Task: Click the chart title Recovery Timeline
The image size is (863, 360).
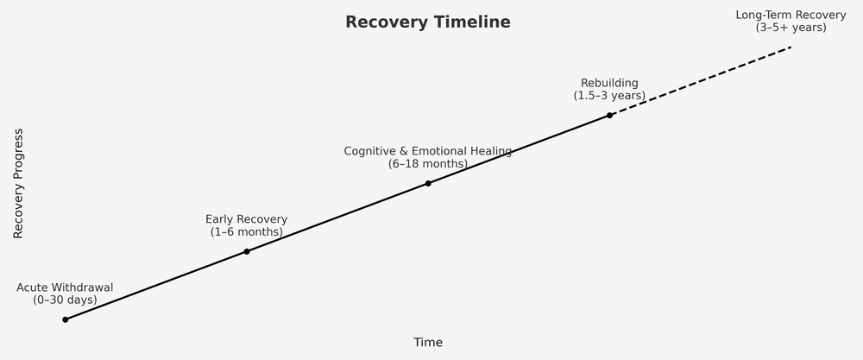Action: tap(427, 22)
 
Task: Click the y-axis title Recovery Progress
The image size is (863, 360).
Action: tap(18, 184)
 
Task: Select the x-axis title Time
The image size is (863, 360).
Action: tap(427, 343)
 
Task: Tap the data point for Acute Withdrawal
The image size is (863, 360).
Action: tap(65, 319)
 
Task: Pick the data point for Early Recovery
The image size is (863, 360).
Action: tap(247, 251)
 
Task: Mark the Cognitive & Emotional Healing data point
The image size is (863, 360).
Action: tap(428, 183)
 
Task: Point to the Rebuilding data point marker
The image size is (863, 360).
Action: tap(609, 115)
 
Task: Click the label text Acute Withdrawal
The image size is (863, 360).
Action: tap(65, 287)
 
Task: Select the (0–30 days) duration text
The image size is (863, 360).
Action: tap(65, 300)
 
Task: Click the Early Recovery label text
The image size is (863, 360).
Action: tap(247, 219)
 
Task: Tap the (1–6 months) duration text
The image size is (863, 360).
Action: tap(247, 232)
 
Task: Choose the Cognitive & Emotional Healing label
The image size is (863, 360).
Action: tap(428, 151)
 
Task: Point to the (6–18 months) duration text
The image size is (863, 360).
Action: tap(428, 164)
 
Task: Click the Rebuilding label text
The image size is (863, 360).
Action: tap(609, 83)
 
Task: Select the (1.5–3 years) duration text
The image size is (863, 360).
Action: tap(609, 96)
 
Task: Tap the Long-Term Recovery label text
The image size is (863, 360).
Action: tap(791, 15)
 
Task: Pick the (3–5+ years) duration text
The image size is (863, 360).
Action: tap(791, 28)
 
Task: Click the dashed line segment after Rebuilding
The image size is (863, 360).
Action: tap(700, 81)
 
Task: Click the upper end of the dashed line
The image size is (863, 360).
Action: tap(790, 47)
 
